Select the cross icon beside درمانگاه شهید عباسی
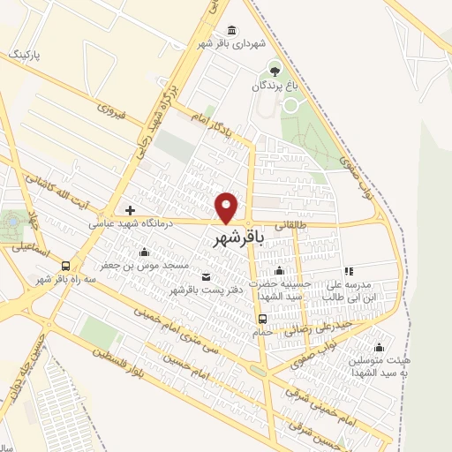coord(131,210)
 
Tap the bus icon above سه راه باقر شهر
coord(65,265)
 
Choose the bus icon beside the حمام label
coord(261,319)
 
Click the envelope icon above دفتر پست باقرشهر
coord(206,276)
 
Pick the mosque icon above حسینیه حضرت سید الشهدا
coord(279,270)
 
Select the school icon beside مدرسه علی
coord(349,270)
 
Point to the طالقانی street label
coord(295,225)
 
